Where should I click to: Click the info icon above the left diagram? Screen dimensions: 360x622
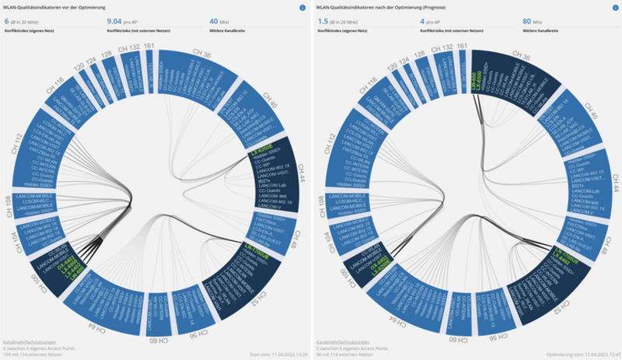tap(302, 8)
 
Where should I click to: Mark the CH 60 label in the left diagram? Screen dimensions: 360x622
tap(159, 340)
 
